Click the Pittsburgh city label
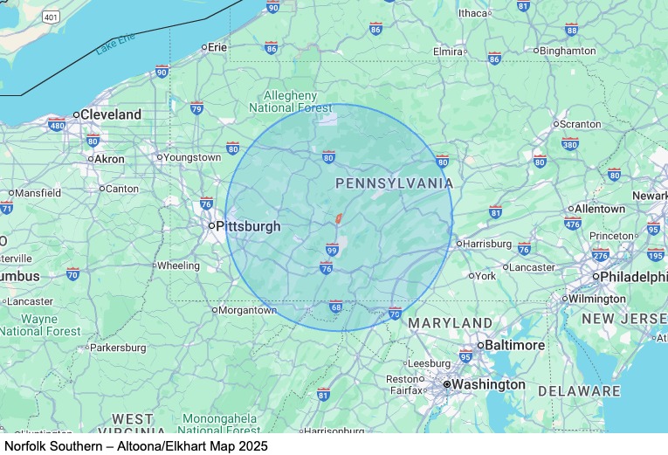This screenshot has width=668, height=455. click(248, 226)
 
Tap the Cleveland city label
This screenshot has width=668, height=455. click(109, 114)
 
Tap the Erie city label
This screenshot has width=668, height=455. click(217, 47)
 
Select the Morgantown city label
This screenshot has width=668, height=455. click(247, 310)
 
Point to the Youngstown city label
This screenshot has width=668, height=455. click(191, 158)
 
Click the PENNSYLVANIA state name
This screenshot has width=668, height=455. click(395, 183)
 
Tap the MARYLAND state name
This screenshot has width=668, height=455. click(451, 323)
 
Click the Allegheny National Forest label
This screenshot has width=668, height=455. click(291, 101)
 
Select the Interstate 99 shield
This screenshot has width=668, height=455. click(332, 249)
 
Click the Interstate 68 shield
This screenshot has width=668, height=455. click(335, 307)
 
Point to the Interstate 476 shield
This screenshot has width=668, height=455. click(572, 224)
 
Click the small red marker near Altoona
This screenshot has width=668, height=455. click(337, 218)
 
